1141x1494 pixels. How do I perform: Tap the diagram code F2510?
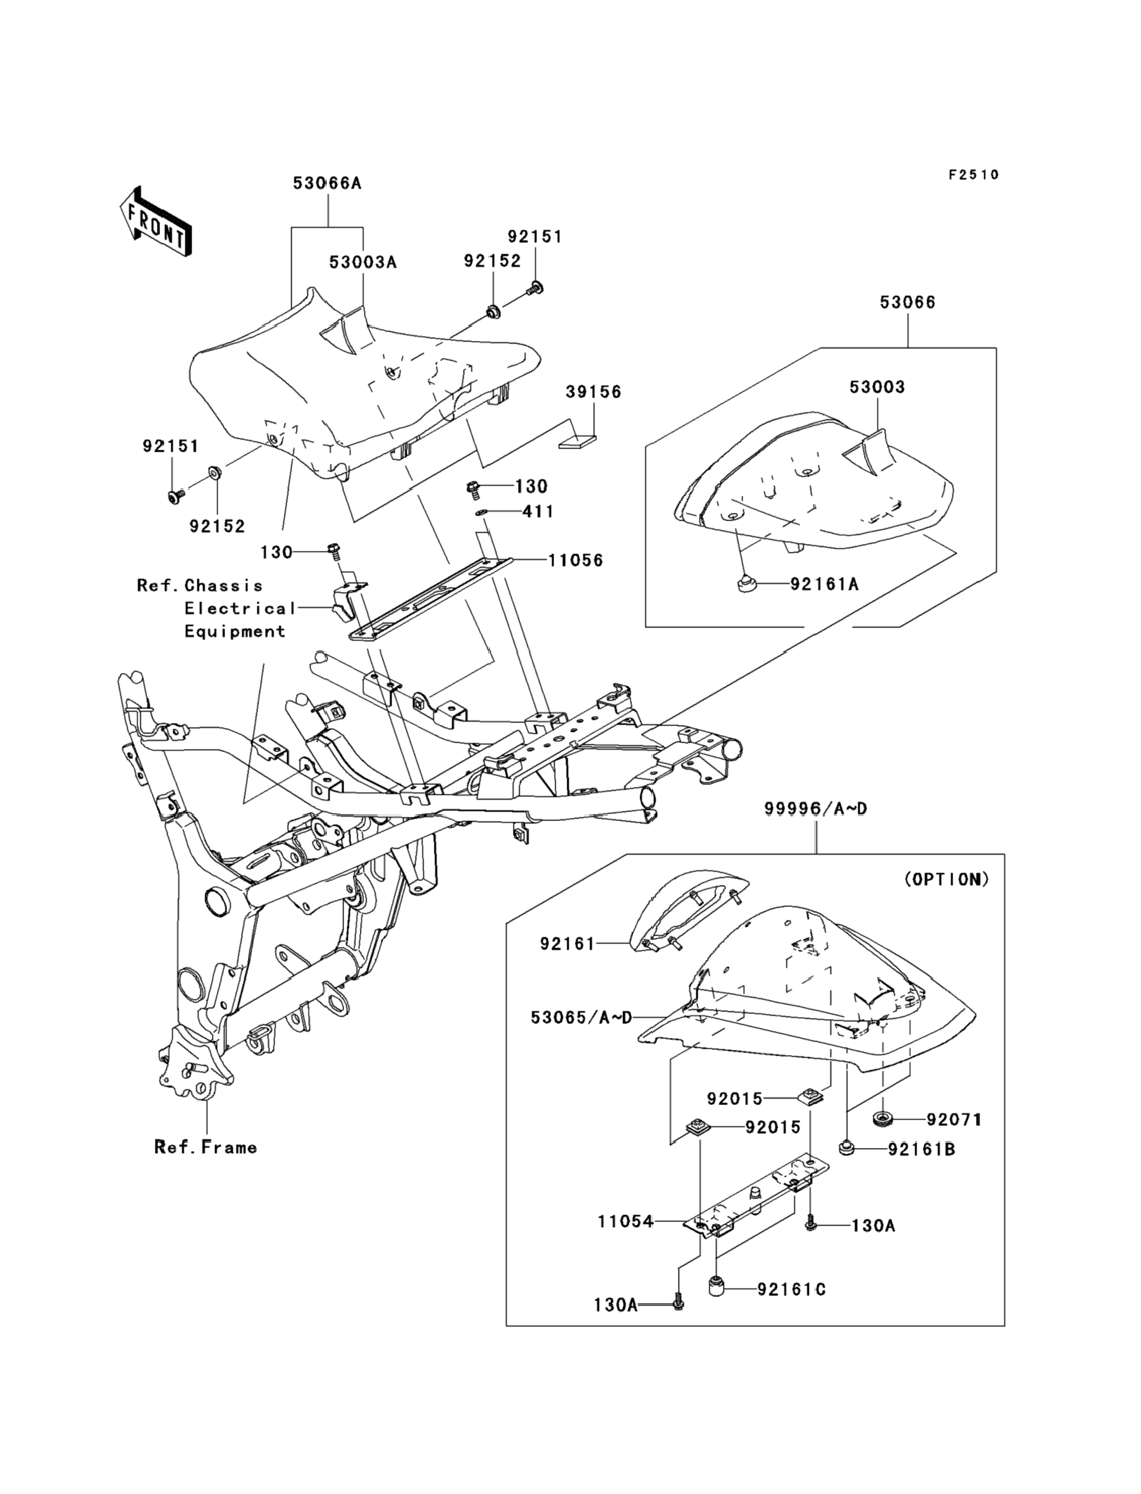pos(974,175)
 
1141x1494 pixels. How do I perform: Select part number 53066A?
pos(328,183)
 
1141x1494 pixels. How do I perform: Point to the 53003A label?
pos(363,262)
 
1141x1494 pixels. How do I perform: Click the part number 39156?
pos(594,392)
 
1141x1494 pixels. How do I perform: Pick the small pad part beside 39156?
pos(578,442)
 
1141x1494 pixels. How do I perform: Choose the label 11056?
pos(576,560)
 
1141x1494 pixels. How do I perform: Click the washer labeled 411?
pos(481,512)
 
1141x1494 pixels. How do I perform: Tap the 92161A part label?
pos(825,584)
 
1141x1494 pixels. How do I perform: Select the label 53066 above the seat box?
pos(908,302)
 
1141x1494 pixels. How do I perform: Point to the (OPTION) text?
pos(947,879)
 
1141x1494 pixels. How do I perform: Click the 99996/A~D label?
pos(816,809)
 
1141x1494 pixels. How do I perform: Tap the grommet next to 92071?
pos(882,1118)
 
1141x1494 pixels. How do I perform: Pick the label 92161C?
pos(792,1289)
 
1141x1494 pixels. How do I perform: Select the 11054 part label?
pos(626,1221)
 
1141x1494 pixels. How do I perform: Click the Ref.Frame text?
pos(206,1147)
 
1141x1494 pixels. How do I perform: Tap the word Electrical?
pos(240,608)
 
